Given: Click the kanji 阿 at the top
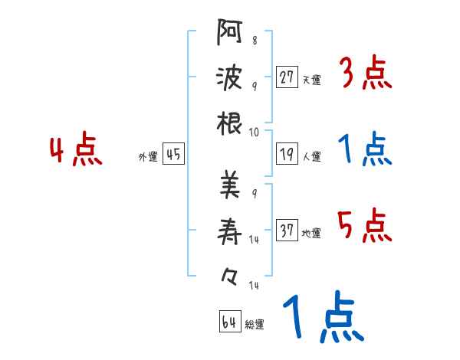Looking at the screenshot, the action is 230,32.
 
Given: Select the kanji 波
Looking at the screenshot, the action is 229,77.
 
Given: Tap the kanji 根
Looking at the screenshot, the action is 229,123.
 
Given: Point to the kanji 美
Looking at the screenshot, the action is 230,185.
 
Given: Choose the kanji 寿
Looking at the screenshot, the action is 229,231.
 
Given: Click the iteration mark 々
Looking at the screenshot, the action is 229,277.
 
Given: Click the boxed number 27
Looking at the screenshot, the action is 287,77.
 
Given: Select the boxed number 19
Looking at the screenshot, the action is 287,153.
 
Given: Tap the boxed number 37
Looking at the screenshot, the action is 287,230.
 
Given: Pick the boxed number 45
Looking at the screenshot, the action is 173,153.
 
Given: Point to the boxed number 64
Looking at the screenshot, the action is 230,321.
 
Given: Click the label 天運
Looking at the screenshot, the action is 311,80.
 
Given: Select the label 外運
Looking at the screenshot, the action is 148,156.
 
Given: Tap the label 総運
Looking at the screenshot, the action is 255,324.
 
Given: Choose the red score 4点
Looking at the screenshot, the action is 76,149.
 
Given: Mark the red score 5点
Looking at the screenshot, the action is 365,225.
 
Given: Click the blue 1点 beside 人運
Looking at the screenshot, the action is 365,149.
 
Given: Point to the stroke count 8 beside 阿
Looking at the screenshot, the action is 255,40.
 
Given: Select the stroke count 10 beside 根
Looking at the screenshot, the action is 254,133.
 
